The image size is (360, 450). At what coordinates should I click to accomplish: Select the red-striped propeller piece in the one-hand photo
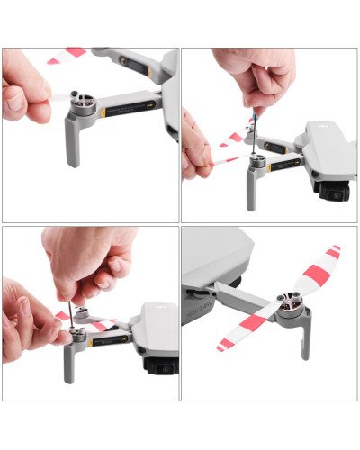pyautogui.click(x=66, y=56)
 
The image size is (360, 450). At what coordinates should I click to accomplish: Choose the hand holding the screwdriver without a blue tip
pyautogui.click(x=90, y=261)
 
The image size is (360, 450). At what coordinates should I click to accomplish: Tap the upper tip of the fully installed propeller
pyautogui.click(x=333, y=252)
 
